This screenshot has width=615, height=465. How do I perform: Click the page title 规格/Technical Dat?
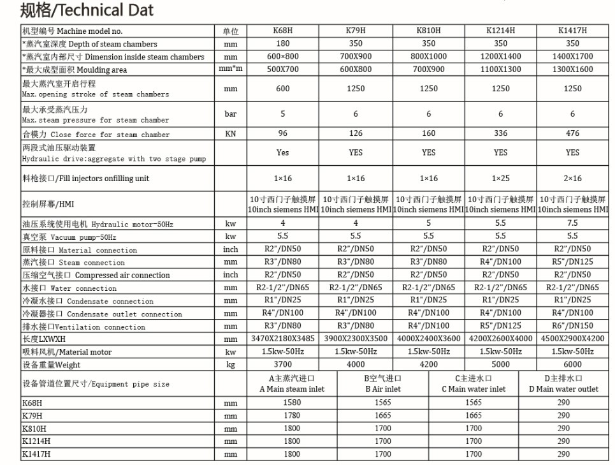[87, 10]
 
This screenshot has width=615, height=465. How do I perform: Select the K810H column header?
[428, 31]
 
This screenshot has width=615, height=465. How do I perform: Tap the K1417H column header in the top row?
[572, 31]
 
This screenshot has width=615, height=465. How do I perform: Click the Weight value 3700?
[283, 364]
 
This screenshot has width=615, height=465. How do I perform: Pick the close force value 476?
[572, 133]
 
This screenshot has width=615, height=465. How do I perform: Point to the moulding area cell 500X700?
[283, 69]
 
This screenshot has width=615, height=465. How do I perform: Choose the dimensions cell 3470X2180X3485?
[283, 339]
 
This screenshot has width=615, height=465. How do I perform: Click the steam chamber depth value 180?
[283, 43]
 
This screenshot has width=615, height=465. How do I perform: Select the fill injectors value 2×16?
[572, 178]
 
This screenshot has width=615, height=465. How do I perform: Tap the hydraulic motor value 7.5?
[572, 223]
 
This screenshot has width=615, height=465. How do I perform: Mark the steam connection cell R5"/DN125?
[572, 262]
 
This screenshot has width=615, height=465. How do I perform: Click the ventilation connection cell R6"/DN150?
[572, 326]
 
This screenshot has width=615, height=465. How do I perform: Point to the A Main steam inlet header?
[292, 383]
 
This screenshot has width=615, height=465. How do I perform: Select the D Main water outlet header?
[563, 383]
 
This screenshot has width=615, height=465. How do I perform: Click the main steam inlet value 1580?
[292, 402]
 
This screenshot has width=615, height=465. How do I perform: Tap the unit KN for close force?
[230, 134]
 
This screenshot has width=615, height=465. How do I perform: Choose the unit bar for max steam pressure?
[230, 114]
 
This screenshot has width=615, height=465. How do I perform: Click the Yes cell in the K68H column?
[283, 152]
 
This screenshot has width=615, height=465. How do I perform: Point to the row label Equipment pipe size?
[96, 384]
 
